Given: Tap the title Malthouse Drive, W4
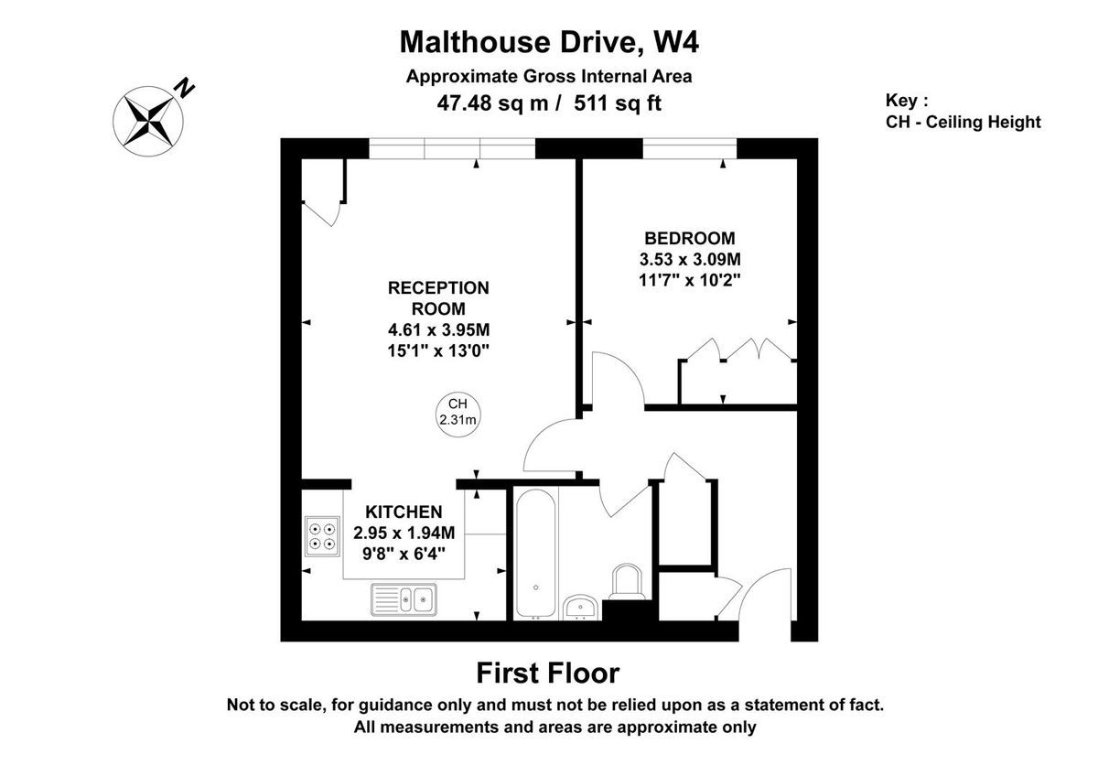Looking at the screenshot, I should pyautogui.click(x=549, y=42).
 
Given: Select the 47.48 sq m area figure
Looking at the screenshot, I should pyautogui.click(x=494, y=103).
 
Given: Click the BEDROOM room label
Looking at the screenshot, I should pyautogui.click(x=688, y=239).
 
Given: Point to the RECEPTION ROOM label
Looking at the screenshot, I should pyautogui.click(x=438, y=297).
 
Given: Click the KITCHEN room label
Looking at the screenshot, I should pyautogui.click(x=404, y=512).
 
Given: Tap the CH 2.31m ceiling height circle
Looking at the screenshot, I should pyautogui.click(x=457, y=412).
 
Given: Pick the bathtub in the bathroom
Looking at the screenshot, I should pyautogui.click(x=534, y=554).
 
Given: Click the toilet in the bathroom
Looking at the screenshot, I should pyautogui.click(x=627, y=580).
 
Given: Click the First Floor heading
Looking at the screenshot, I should pyautogui.click(x=548, y=674).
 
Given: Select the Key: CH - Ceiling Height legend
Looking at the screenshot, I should pyautogui.click(x=963, y=112).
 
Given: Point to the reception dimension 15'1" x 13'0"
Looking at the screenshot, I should pyautogui.click(x=438, y=350).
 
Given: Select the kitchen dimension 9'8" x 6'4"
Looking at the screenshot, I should pyautogui.click(x=404, y=551).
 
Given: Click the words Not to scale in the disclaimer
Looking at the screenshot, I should pyautogui.click(x=271, y=706).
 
